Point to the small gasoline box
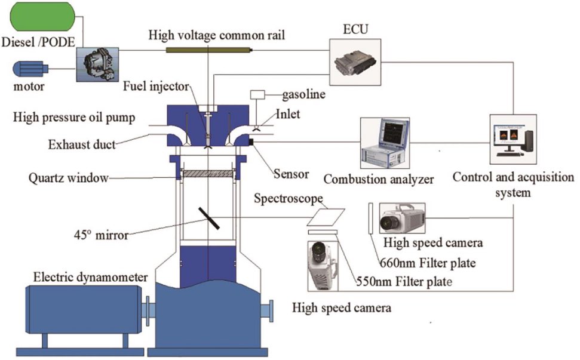pyautogui.click(x=257, y=95)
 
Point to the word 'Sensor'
pyautogui.click(x=291, y=174)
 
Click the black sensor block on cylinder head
pyautogui.click(x=251, y=141)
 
